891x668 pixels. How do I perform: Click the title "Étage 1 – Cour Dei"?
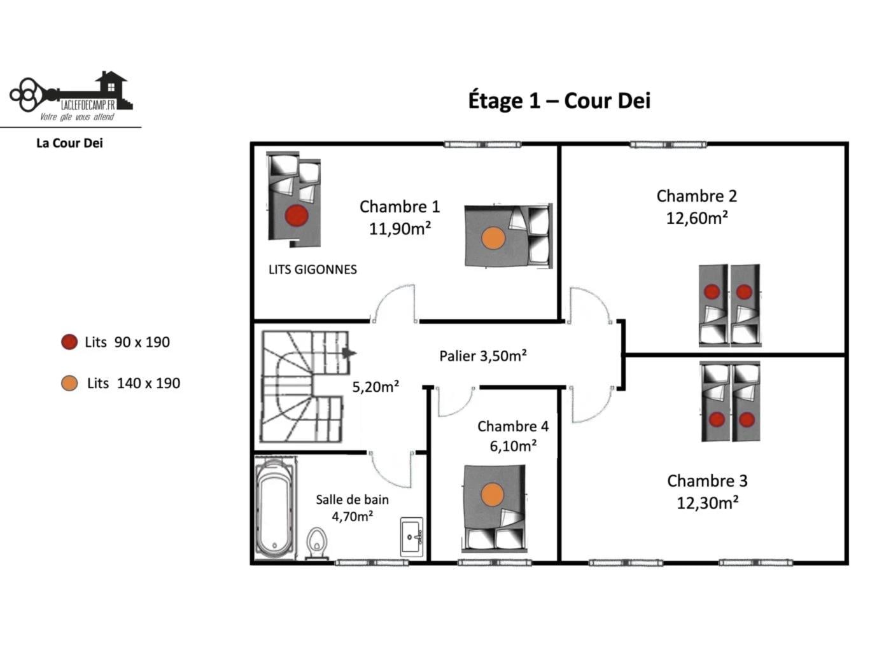pos(559,101)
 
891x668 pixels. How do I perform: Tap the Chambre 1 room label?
pos(400,207)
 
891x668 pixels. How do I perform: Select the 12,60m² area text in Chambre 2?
pos(696,218)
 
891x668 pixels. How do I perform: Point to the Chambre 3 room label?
pos(707,481)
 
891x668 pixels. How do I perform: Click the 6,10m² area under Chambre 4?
pos(513,446)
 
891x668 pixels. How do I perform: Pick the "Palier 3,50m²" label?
pos(483,356)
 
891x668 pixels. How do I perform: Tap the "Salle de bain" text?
pos(353,499)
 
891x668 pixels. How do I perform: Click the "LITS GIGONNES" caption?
pos(312,270)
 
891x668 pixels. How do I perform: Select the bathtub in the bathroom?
pos(275,508)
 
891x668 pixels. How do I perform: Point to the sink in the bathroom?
pos(412,537)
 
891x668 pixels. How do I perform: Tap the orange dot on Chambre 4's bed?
pos(493,495)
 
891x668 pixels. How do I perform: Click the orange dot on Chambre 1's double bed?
pos(493,238)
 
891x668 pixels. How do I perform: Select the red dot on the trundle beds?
pos(297,216)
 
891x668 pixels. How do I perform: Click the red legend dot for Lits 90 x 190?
pos(69,342)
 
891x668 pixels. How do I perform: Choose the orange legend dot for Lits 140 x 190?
pos(69,383)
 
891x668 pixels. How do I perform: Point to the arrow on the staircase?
pos(348,353)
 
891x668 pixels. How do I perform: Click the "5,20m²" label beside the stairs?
pos(375,387)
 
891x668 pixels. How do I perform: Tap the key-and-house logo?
pos(71,95)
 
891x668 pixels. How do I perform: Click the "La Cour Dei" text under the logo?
pos(69,143)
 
